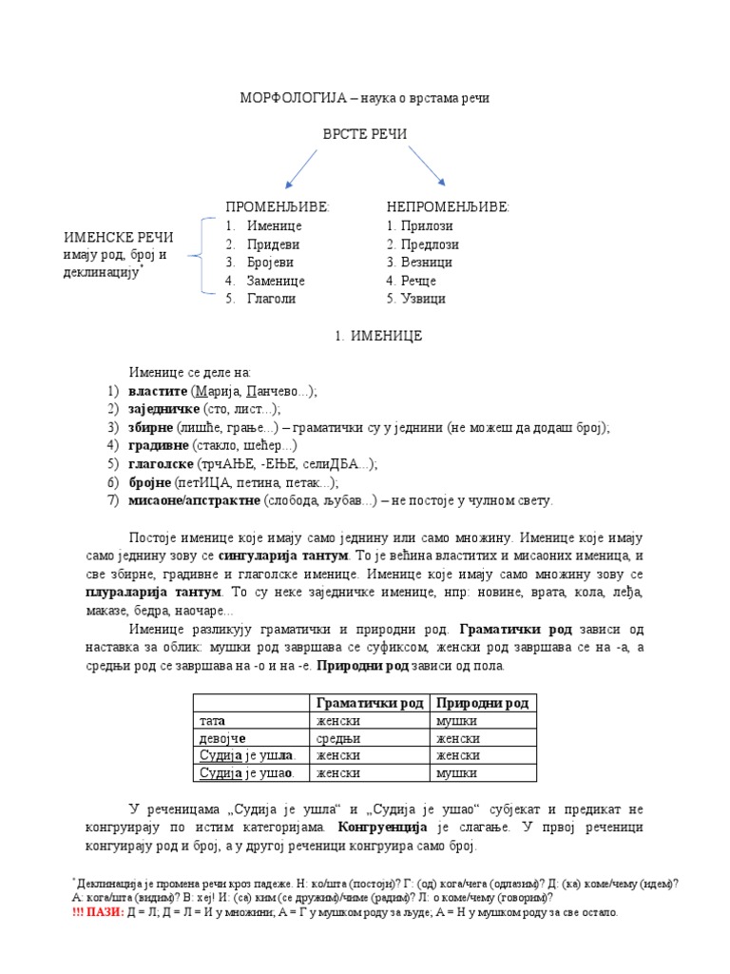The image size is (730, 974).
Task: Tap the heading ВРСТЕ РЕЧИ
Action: tap(365, 134)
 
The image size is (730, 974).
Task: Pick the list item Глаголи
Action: tap(272, 299)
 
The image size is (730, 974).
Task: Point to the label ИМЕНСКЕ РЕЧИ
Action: tap(119, 237)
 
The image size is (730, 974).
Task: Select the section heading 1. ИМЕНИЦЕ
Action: tap(375, 336)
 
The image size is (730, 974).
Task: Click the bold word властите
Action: tap(158, 392)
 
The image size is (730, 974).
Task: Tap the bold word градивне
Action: tap(159, 446)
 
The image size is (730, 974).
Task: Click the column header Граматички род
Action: tap(369, 703)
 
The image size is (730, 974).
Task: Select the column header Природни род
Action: tap(482, 703)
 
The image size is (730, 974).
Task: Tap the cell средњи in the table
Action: tap(338, 738)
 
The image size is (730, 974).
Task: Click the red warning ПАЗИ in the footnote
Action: tap(110, 912)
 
